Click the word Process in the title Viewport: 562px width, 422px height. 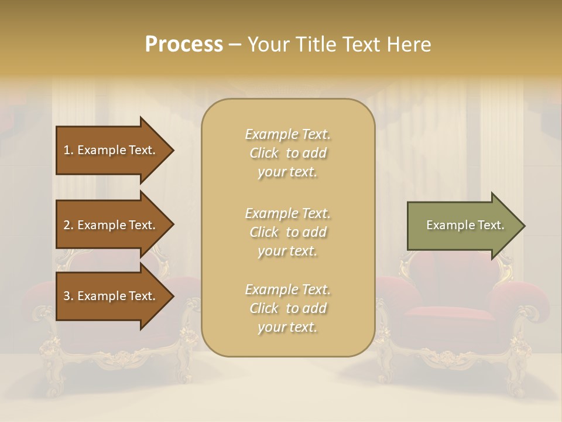pos(184,45)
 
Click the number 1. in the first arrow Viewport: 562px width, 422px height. pos(68,150)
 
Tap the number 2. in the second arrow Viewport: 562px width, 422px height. pos(68,225)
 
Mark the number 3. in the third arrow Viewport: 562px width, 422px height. pos(68,296)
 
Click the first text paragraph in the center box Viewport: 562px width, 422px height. pos(287,153)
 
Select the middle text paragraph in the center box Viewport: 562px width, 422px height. pos(287,232)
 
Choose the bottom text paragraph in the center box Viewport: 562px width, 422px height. pos(287,308)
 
